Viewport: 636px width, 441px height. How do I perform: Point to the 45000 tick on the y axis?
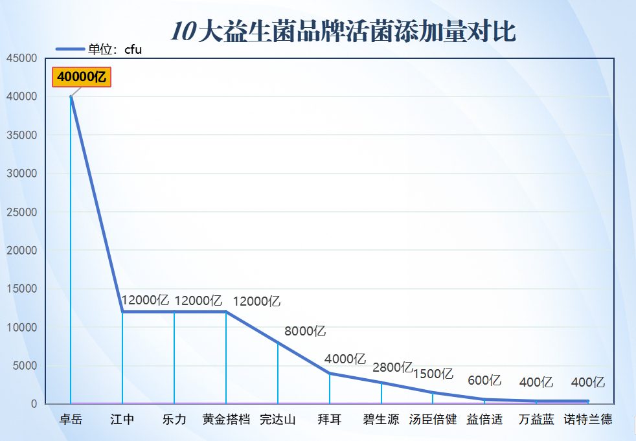[x=21, y=58]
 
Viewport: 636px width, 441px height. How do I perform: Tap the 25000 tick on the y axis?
[x=21, y=212]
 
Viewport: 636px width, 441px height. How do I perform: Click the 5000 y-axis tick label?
[x=25, y=366]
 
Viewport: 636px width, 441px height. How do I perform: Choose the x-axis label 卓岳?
[x=71, y=420]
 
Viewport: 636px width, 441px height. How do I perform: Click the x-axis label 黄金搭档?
[x=226, y=420]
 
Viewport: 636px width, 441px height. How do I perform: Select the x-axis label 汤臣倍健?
[x=433, y=420]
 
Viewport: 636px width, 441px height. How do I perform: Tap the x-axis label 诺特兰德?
[x=588, y=420]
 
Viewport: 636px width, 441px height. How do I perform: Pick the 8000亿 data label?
[x=305, y=332]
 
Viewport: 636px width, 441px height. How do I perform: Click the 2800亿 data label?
[x=392, y=367]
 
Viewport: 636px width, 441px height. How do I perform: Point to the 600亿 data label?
[x=484, y=381]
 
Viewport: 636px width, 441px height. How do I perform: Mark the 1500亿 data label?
[x=433, y=374]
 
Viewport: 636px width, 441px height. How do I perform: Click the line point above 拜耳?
[x=330, y=374]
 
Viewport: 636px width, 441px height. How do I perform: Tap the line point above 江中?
[x=122, y=311]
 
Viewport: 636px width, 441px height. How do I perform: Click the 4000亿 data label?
[x=345, y=358]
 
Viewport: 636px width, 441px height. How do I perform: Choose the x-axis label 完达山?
[x=278, y=420]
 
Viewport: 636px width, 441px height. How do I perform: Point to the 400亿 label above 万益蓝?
[x=536, y=383]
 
